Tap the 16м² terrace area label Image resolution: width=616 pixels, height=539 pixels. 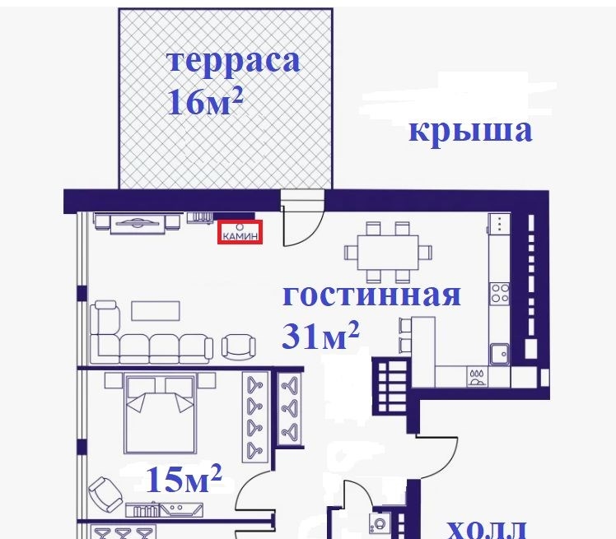205,101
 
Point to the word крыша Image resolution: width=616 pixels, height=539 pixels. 470,132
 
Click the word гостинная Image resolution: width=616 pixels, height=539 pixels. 371,295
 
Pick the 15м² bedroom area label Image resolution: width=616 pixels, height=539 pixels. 184,478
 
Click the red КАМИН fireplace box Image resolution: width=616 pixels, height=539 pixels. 240,232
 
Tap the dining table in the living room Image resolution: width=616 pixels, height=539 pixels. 388,253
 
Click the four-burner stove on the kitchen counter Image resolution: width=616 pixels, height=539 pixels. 500,294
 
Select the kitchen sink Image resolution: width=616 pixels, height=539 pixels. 500,354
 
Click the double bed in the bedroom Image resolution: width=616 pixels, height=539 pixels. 160,413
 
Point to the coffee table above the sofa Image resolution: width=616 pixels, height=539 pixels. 156,311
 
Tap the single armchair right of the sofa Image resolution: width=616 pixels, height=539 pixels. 239,346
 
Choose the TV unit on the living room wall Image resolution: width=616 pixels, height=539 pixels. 137,224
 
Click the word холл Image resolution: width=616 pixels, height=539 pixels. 487,529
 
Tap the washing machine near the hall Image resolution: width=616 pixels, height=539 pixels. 380,523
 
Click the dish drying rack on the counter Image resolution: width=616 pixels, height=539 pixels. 477,377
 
